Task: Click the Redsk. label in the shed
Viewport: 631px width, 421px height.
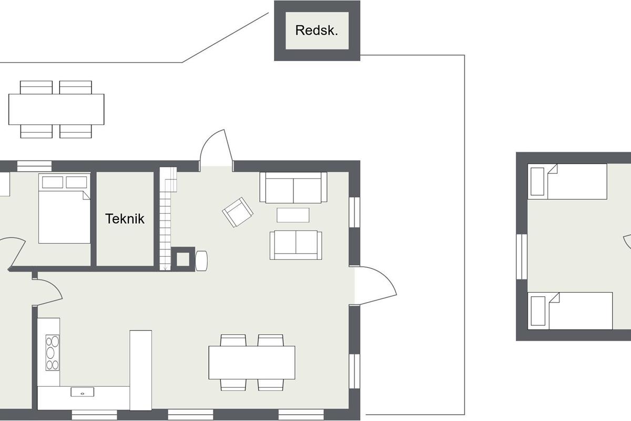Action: [317, 31]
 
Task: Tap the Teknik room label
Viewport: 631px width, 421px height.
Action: [125, 219]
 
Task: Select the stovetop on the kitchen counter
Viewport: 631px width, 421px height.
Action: [53, 353]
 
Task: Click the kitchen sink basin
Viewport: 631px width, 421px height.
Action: [82, 392]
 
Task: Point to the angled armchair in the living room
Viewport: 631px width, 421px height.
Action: [238, 212]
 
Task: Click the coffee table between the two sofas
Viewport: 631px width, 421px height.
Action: [293, 215]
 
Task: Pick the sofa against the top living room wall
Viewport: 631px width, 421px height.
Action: [293, 187]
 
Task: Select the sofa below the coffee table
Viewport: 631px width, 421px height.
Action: [296, 245]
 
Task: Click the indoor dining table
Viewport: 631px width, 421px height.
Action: [252, 363]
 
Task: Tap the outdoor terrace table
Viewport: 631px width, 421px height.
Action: [56, 109]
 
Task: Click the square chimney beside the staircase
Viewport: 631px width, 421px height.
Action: [183, 259]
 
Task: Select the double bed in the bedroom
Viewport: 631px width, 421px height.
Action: [65, 208]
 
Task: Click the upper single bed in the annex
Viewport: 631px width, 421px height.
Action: [567, 182]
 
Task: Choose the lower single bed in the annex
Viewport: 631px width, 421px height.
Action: [570, 310]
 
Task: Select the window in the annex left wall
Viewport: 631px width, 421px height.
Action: [522, 257]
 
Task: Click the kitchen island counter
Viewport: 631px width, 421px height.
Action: [140, 370]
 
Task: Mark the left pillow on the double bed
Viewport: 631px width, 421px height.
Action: [53, 182]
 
